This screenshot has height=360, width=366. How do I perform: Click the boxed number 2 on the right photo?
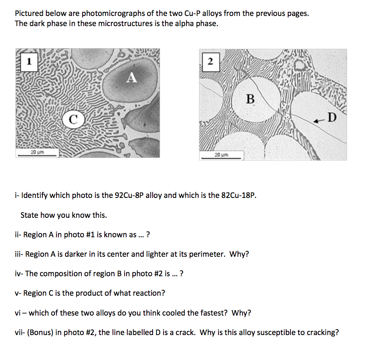pyautogui.click(x=210, y=62)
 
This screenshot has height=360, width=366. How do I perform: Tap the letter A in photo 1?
pyautogui.click(x=132, y=78)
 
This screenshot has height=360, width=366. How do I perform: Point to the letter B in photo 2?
pyautogui.click(x=250, y=99)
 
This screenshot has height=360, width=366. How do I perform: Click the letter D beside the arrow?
pyautogui.click(x=331, y=116)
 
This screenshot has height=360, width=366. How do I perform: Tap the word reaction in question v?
pyautogui.click(x=150, y=293)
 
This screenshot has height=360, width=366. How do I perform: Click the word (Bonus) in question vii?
pyautogui.click(x=39, y=333)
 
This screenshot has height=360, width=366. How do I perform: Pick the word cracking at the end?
pyautogui.click(x=321, y=333)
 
